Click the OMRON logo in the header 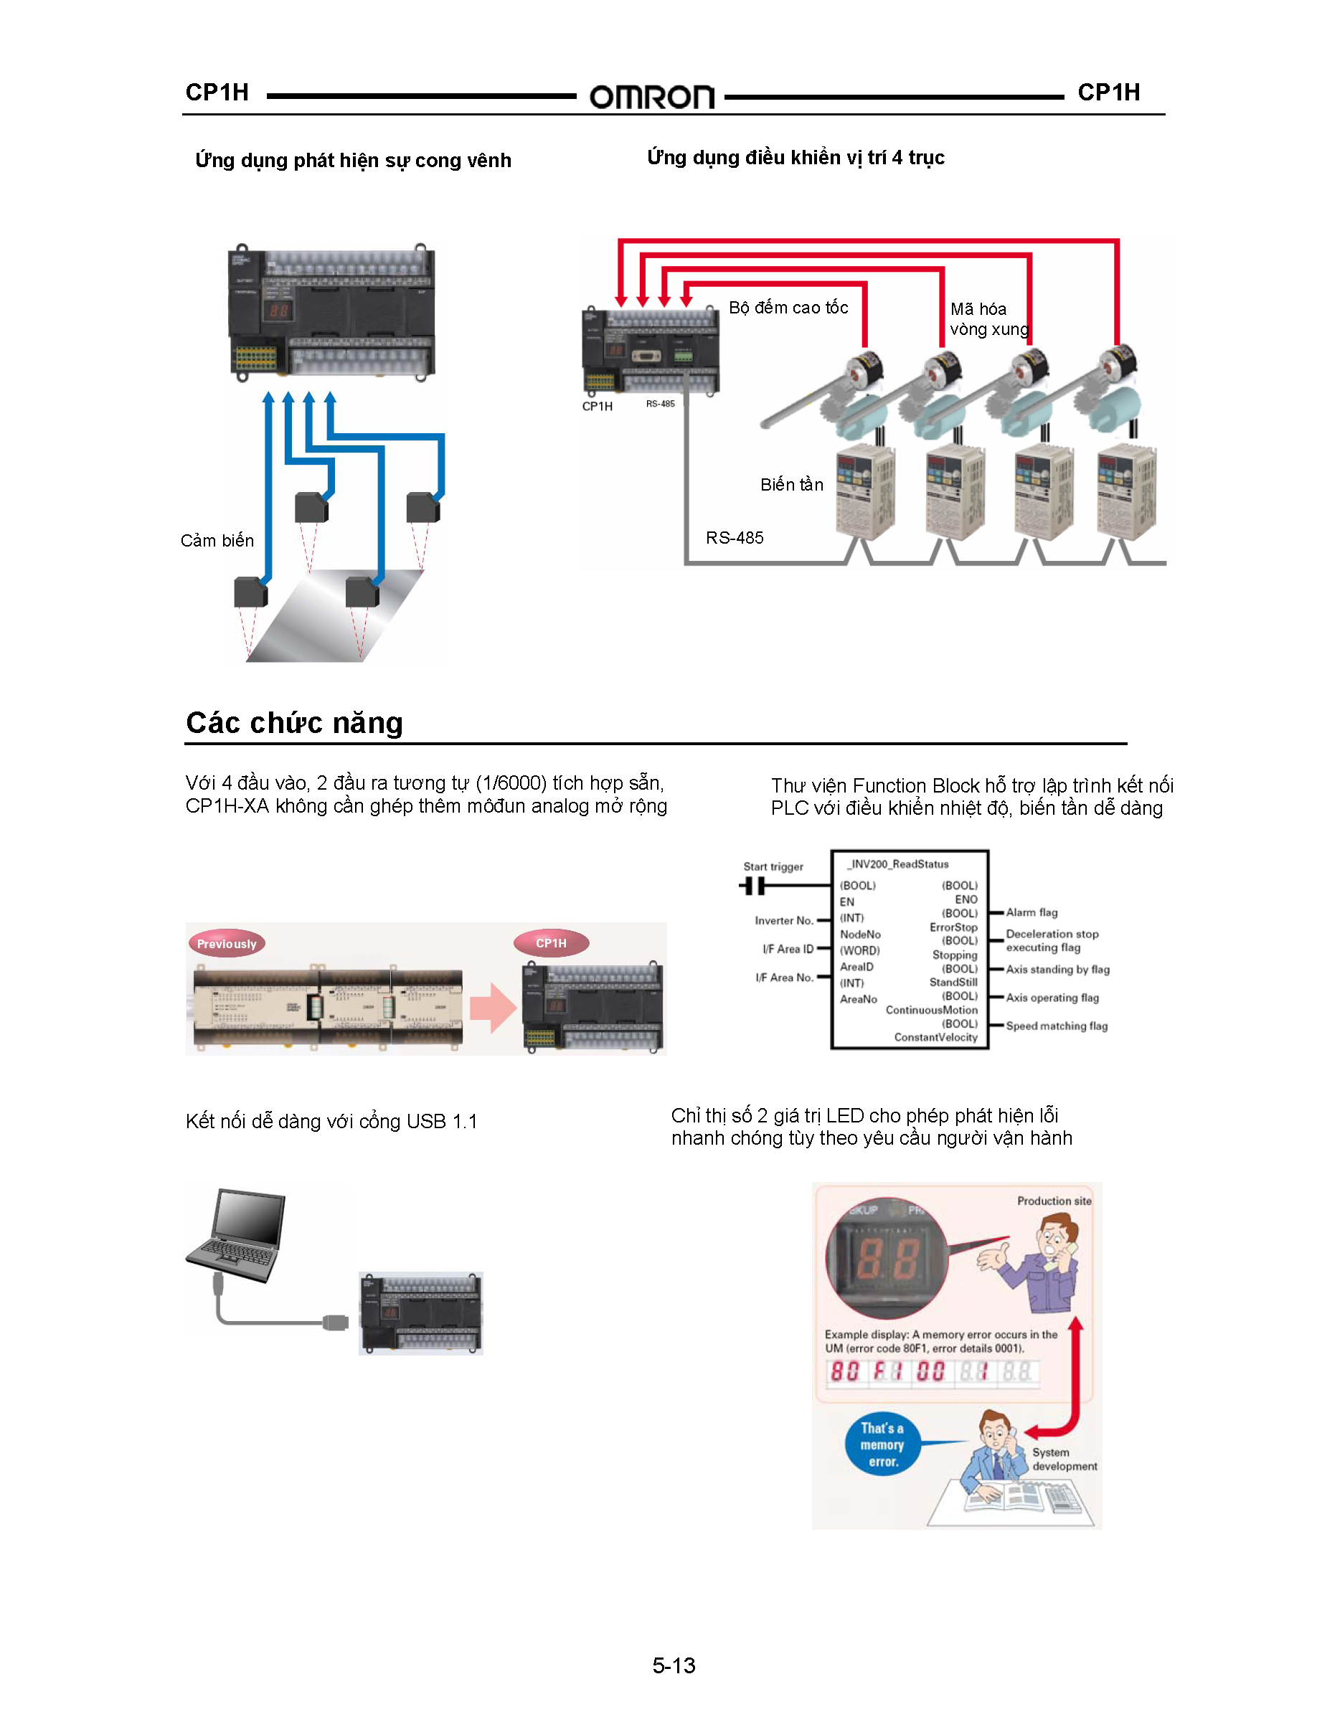coord(651,98)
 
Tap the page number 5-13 coord(674,1665)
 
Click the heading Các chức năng coord(294,723)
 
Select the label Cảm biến coord(217,541)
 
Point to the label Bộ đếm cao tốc coord(788,307)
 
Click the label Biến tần coord(792,484)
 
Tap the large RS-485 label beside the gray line coord(735,538)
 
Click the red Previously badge coord(227,944)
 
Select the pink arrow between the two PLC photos coord(493,1007)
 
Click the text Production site coord(1054,1201)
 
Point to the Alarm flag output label coord(1032,912)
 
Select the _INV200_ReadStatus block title coord(897,864)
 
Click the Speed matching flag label coord(1057,1026)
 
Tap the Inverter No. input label coord(783,921)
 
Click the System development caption coord(1064,1459)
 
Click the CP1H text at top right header coord(1108,93)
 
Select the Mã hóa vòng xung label coord(988,319)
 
